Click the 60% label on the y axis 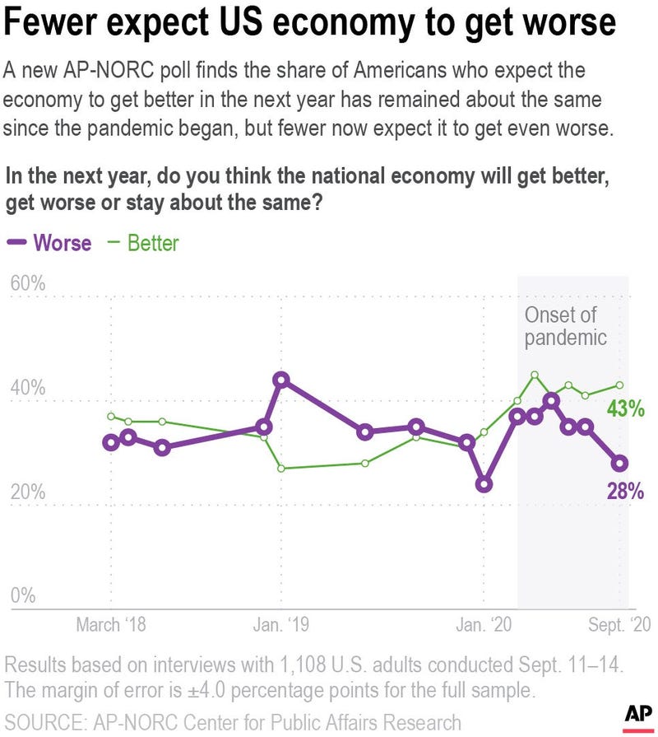[27, 284]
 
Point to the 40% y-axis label [27, 387]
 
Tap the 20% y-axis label [27, 492]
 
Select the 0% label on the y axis [22, 595]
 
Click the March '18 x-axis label [111, 625]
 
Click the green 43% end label [624, 408]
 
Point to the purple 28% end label [624, 492]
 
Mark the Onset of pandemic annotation [566, 326]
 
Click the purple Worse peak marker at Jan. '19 [281, 380]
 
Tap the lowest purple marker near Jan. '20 [484, 484]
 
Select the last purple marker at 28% [619, 463]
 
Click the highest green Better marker [535, 375]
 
